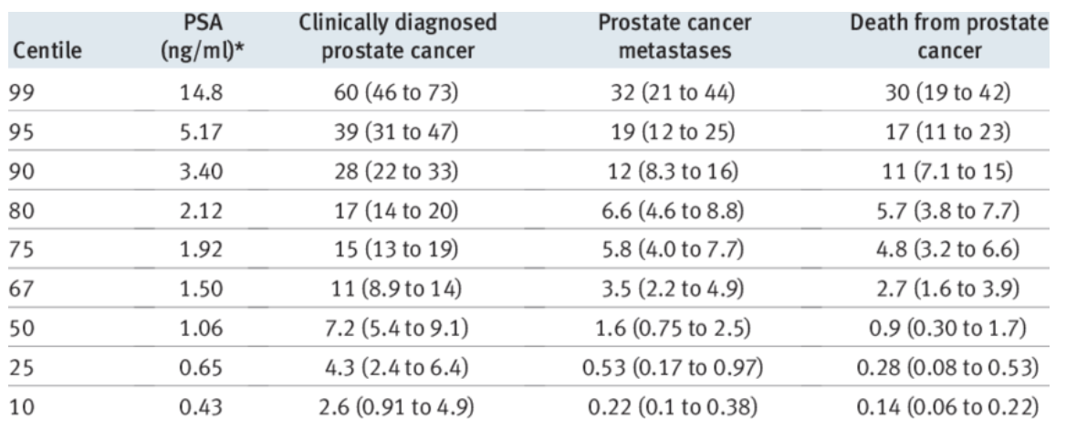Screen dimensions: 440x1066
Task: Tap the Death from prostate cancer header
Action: coord(949,38)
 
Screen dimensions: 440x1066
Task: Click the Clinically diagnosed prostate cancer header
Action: coord(398,38)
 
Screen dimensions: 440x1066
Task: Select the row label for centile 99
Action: coord(23,95)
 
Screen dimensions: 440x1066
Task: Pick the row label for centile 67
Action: coord(23,291)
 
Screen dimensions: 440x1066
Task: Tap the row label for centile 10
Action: coord(23,409)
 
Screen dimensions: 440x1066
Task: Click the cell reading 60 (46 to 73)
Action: coord(398,95)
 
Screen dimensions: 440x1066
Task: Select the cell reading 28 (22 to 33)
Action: coord(398,173)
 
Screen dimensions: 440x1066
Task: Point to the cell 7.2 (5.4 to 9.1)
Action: coord(398,330)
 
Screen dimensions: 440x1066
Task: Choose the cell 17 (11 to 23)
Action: coord(949,134)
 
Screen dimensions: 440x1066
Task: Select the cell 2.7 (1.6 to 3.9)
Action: coord(949,291)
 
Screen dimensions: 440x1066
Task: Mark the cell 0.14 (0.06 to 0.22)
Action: coord(949,409)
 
